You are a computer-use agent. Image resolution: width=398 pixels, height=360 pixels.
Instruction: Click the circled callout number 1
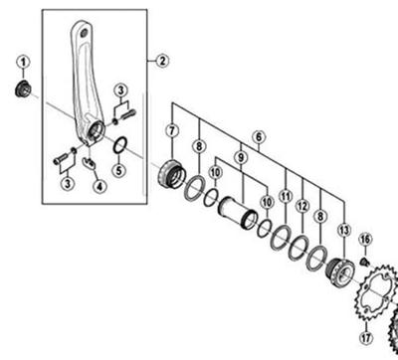point(23,62)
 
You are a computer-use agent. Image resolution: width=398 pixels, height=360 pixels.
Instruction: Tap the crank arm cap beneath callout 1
point(23,90)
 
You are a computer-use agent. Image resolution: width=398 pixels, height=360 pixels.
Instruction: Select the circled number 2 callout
point(162,61)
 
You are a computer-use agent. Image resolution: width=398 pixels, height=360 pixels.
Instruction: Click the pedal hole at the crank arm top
point(84,33)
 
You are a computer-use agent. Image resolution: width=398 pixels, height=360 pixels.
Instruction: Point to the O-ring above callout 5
point(119,145)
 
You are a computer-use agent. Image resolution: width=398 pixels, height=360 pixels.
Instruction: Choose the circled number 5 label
point(119,171)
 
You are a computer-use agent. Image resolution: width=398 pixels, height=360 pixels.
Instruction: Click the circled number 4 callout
point(99,186)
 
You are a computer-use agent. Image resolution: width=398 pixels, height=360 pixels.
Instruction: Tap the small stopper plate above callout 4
point(89,163)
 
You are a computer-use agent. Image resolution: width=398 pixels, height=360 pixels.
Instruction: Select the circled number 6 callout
point(259,137)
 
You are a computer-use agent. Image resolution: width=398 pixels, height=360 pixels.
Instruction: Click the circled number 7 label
point(172,130)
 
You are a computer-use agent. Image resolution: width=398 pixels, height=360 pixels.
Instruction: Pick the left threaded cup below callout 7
point(171,174)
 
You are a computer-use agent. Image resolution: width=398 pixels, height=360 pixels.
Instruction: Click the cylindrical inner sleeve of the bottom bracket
point(238,213)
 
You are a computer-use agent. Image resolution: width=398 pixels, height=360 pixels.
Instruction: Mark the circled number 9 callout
point(241,158)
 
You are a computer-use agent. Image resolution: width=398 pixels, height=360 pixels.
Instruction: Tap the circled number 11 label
point(286,197)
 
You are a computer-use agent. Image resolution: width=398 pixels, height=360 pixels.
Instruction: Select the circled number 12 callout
point(302,206)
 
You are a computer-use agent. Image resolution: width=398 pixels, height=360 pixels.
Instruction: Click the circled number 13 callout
point(344,230)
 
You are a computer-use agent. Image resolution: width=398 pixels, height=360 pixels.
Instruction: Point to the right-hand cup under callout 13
point(340,270)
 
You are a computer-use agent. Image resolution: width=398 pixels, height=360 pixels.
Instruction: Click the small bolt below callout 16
point(364,262)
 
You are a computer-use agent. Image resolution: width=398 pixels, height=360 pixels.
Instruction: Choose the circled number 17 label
point(366,338)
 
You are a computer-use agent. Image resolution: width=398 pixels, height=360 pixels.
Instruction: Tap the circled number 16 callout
point(365,239)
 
